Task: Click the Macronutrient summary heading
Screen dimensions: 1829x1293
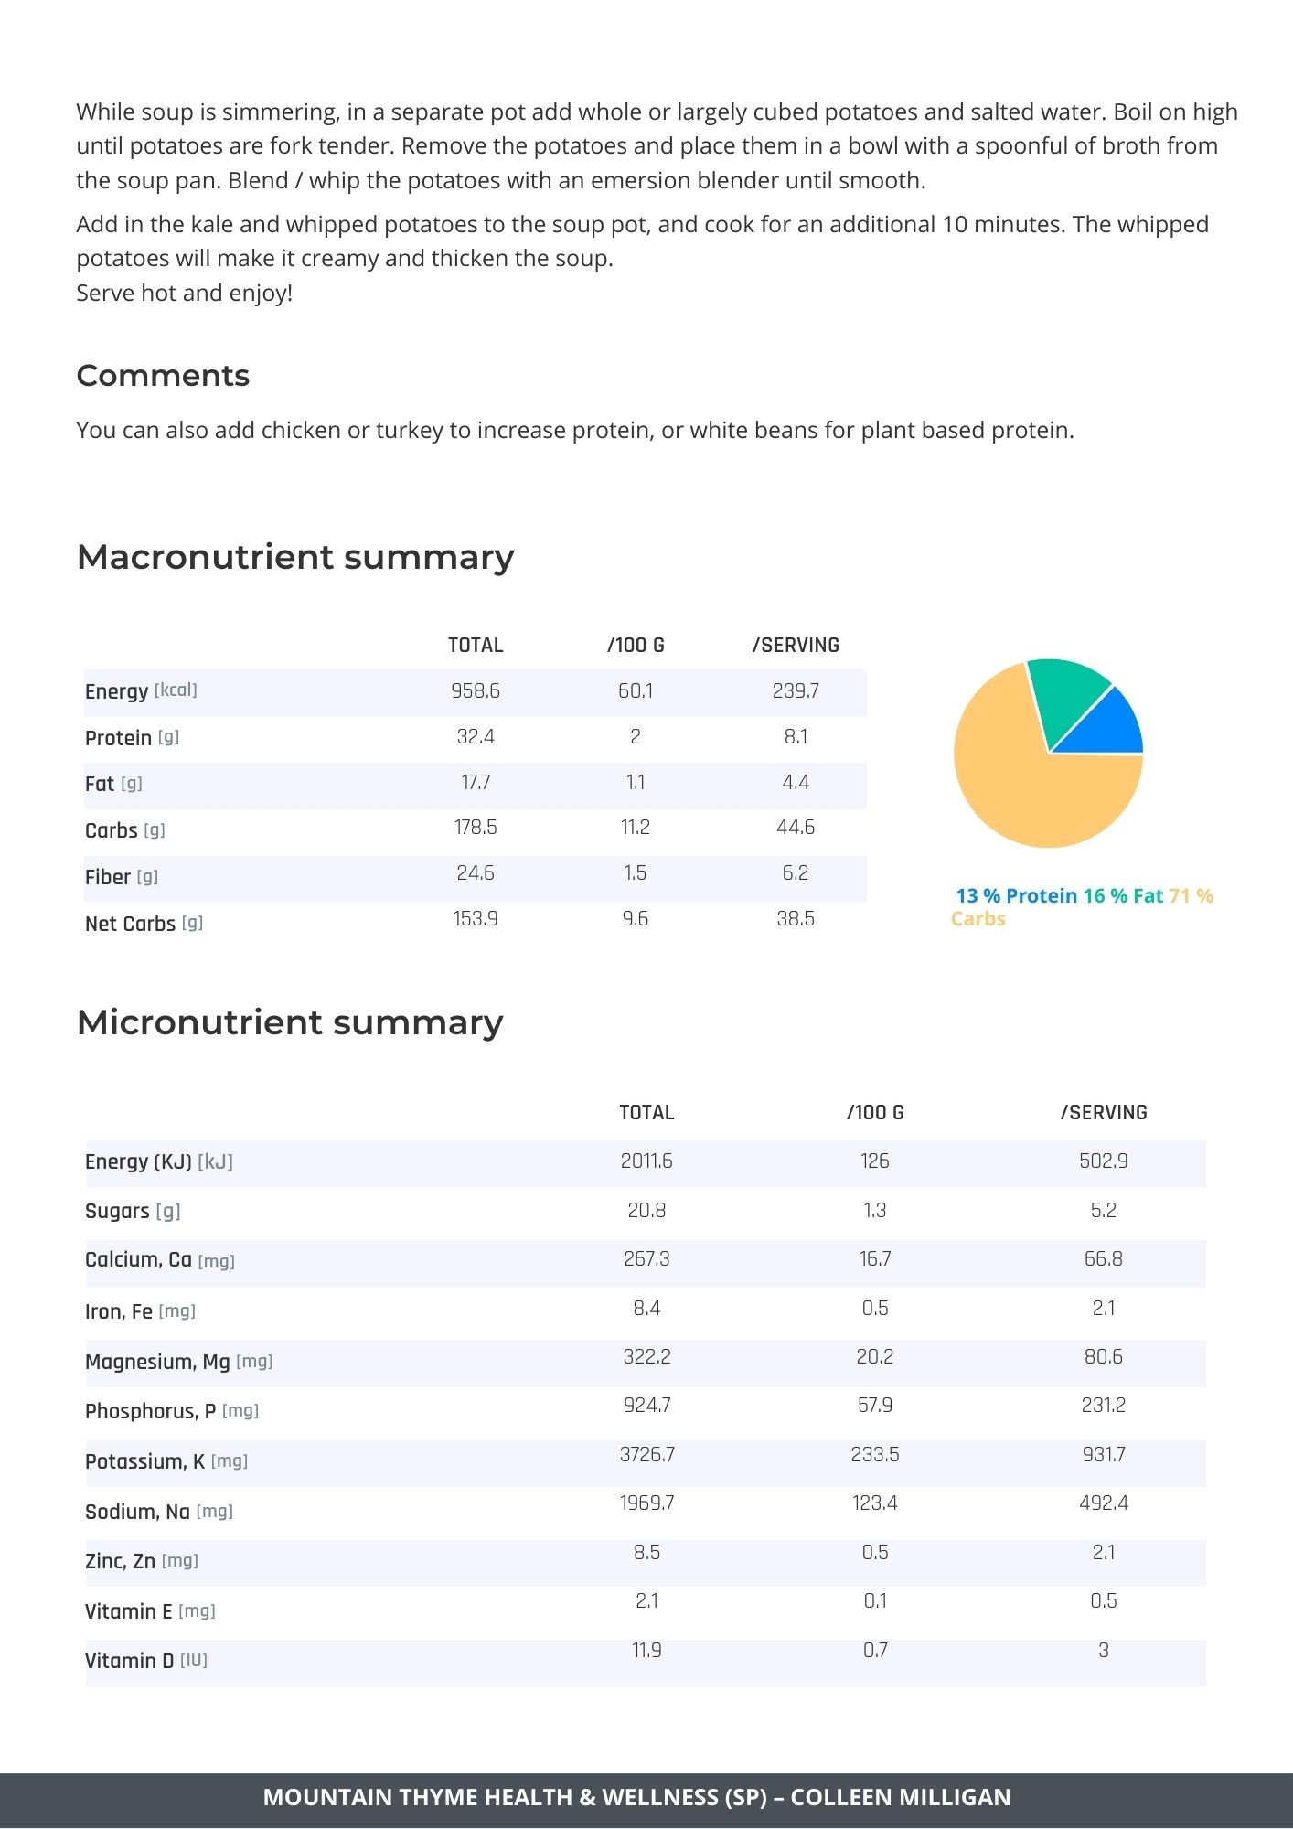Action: (295, 557)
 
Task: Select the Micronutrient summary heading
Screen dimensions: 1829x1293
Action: (290, 1022)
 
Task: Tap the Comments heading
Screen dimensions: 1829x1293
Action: (163, 376)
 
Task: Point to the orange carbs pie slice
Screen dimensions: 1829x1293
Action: (1024, 786)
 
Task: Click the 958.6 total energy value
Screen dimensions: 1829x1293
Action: (476, 691)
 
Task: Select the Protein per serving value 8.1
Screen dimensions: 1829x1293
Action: (796, 737)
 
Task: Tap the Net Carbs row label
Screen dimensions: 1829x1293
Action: (130, 924)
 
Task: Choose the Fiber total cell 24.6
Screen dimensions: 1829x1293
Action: (476, 873)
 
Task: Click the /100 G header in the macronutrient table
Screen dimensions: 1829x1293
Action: (636, 646)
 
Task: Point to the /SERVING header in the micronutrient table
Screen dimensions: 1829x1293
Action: (1104, 1113)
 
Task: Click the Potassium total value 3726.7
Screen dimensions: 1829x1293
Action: (647, 1454)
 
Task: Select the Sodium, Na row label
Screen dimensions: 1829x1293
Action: (137, 1512)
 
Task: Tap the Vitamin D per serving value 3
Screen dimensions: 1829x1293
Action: (1104, 1651)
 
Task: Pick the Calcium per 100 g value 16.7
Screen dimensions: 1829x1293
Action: (875, 1259)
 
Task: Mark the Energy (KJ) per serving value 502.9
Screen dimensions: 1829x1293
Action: (1104, 1161)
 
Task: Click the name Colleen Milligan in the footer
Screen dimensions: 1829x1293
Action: (901, 1797)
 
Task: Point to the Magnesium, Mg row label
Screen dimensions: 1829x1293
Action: (157, 1362)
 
